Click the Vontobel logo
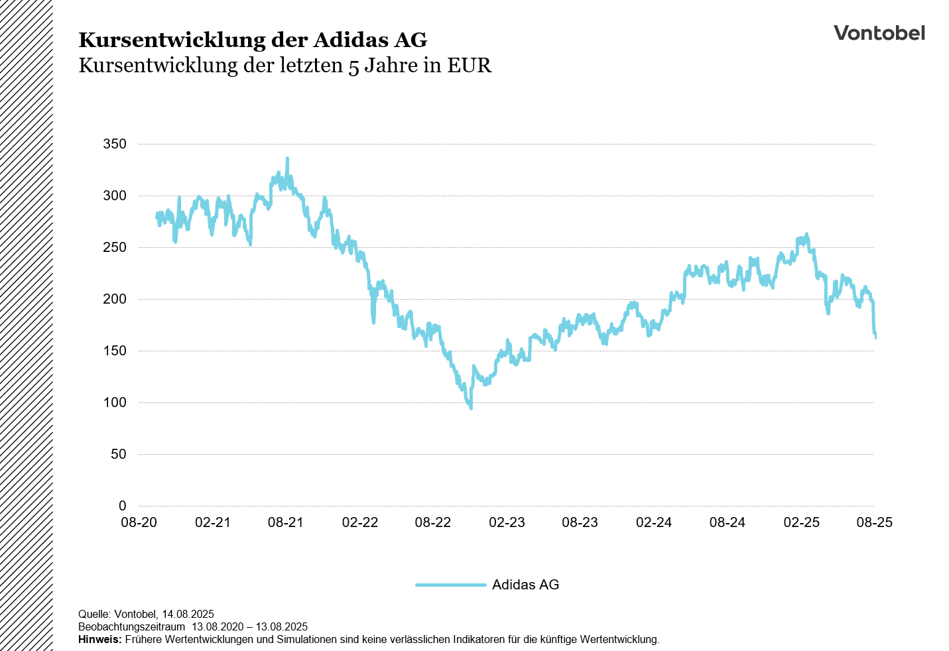tap(879, 33)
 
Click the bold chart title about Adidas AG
tap(253, 40)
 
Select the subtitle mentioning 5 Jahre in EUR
tap(285, 66)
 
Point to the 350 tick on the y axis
tap(114, 144)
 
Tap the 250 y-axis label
tap(114, 247)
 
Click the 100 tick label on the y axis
tap(114, 402)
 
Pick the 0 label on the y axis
tap(122, 506)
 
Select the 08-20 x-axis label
tap(139, 522)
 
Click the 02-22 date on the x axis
tap(359, 522)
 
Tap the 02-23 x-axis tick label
tap(507, 522)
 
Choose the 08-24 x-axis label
tap(727, 522)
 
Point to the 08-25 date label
tap(874, 522)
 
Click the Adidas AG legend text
tap(525, 585)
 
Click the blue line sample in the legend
tap(451, 585)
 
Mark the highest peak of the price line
tap(287, 158)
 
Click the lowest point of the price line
tap(471, 408)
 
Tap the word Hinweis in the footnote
tap(99, 640)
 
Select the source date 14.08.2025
tap(188, 615)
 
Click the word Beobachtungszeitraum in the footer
tap(131, 627)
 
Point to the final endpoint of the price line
tap(875, 337)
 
